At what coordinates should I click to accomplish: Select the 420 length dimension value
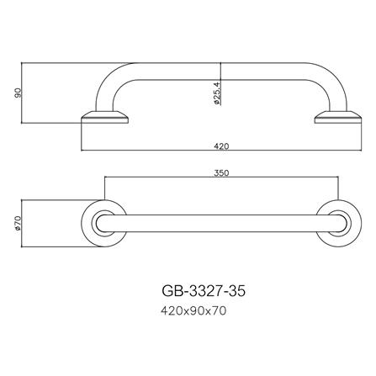pos(221,146)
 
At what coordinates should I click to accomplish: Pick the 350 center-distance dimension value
pos(221,173)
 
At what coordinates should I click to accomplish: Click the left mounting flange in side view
pos(105,117)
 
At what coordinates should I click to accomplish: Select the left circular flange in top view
pos(105,225)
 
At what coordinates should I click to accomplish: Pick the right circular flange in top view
pos(336,225)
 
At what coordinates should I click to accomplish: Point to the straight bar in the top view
pos(221,225)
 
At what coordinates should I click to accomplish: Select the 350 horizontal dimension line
pos(168,179)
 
